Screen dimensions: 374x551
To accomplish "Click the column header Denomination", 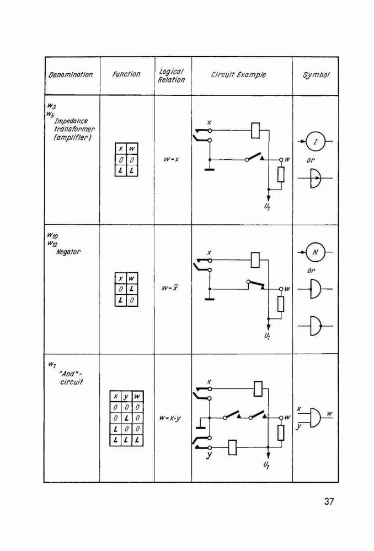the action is tap(71, 75).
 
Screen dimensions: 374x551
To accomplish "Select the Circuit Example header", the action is tap(238, 74).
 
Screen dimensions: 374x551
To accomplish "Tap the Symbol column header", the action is tap(316, 75).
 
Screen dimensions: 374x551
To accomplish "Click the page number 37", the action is tap(329, 501).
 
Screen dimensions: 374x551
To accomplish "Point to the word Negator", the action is tap(68, 252).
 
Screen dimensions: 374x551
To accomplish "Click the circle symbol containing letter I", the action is tap(315, 142).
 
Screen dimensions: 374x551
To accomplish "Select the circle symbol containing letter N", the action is tap(315, 252).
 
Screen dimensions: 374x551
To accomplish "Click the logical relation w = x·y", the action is tap(170, 418).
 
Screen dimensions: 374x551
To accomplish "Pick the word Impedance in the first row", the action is tap(71, 121).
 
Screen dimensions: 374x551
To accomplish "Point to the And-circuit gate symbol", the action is tap(316, 418).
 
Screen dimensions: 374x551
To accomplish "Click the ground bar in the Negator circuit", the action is tap(210, 299).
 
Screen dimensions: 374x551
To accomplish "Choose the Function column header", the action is tap(126, 74).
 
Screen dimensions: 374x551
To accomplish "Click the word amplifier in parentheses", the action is tap(72, 138).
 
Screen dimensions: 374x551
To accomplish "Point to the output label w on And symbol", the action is tap(329, 414).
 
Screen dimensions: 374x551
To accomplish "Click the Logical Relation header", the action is tap(172, 75).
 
